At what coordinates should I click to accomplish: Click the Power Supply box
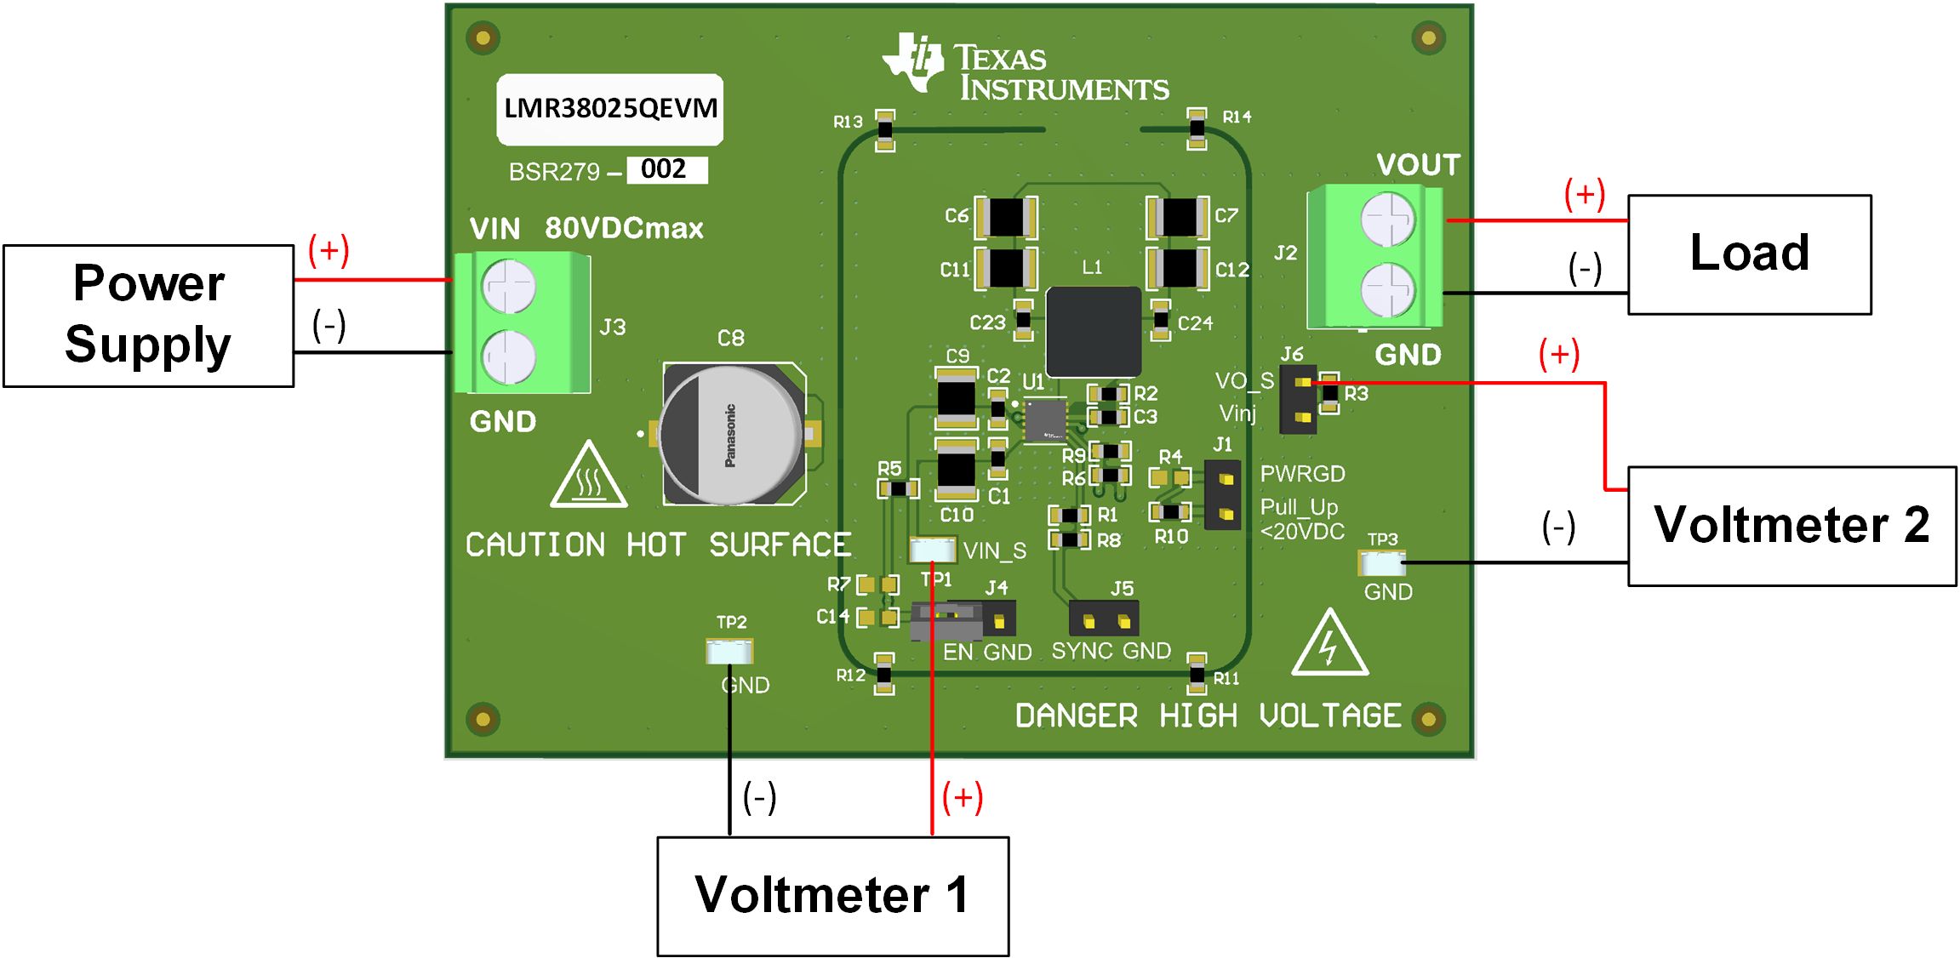[148, 316]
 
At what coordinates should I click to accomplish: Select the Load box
[1749, 254]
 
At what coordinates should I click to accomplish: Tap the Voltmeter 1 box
[832, 896]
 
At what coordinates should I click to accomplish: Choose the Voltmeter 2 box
[1791, 525]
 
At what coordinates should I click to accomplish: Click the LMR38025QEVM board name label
[610, 109]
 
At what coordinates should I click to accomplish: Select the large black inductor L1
[1093, 331]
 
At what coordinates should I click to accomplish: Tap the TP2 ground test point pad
[729, 652]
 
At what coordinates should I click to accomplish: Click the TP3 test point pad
[1381, 562]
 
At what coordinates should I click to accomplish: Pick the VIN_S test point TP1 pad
[933, 550]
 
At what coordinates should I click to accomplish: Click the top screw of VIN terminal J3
[508, 286]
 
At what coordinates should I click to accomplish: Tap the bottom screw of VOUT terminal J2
[1387, 289]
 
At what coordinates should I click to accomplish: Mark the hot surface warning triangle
[589, 477]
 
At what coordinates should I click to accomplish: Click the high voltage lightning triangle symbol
[1329, 646]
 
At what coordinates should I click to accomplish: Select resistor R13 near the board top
[885, 130]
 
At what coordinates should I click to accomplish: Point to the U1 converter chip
[1045, 420]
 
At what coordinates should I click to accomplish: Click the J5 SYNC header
[1105, 619]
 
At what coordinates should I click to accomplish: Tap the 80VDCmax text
[624, 228]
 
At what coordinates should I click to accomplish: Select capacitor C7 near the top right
[1178, 217]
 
